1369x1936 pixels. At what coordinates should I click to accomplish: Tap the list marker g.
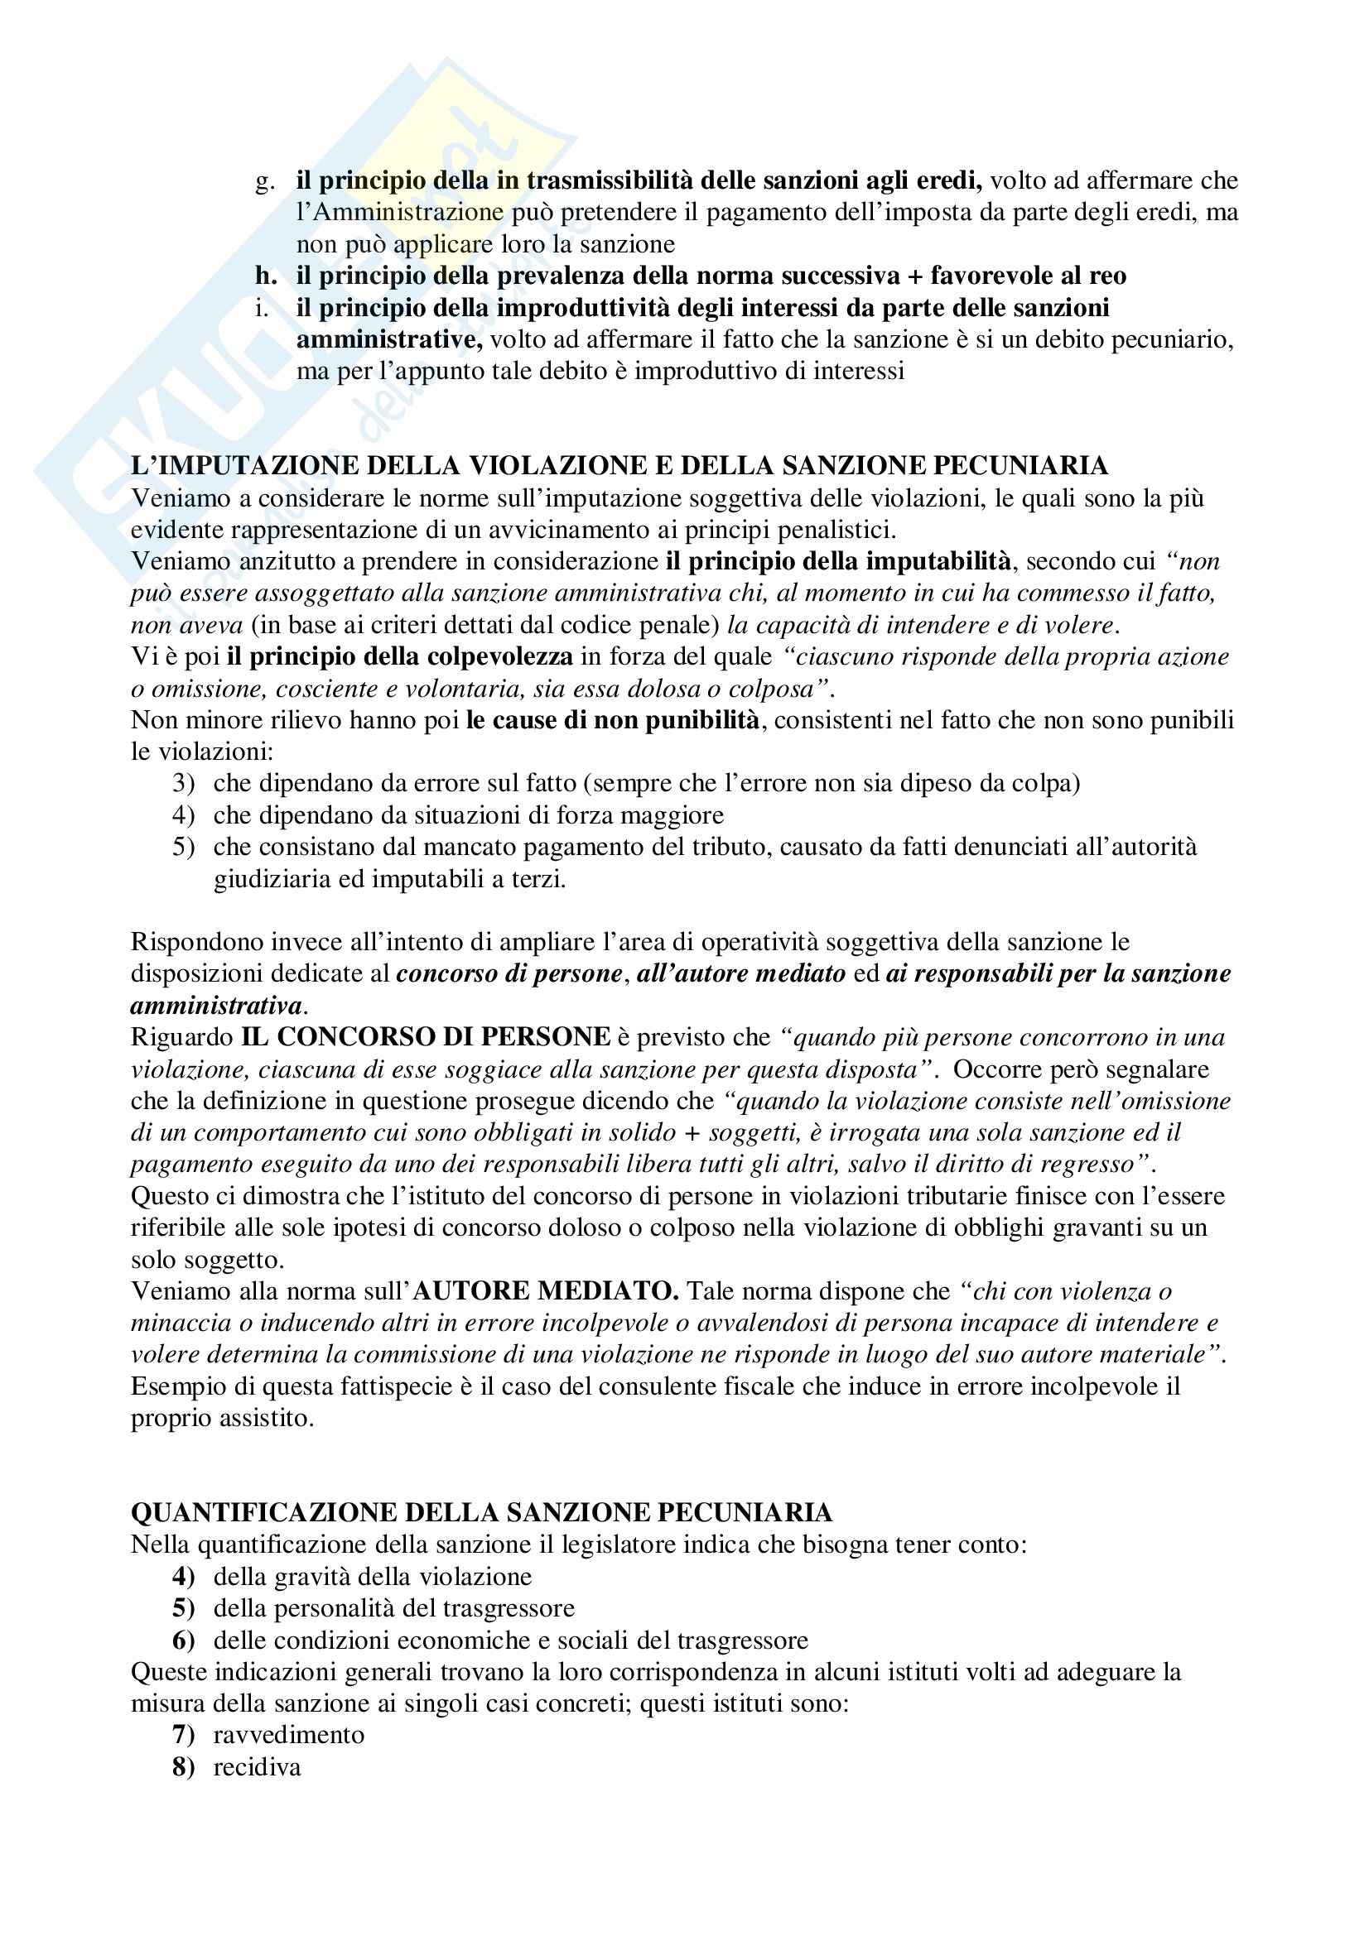click(265, 181)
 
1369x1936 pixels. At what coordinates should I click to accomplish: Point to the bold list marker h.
click(266, 276)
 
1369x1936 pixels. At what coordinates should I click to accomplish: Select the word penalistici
click(823, 530)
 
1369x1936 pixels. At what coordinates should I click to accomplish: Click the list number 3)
click(184, 783)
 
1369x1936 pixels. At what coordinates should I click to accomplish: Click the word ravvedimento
click(288, 1735)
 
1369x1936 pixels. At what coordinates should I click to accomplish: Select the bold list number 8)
click(183, 1766)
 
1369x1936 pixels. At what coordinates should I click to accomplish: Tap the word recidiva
click(257, 1766)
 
